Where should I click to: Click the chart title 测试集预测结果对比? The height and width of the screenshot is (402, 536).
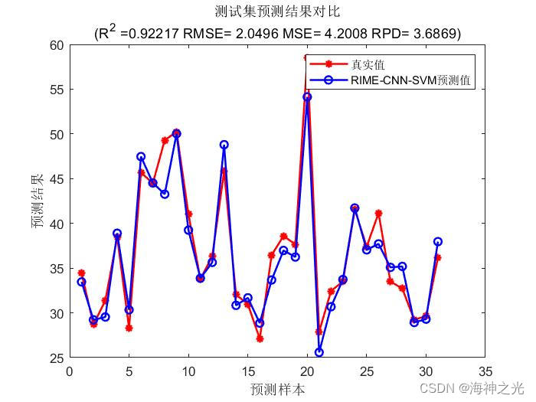(277, 11)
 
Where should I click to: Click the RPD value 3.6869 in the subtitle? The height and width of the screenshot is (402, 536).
(433, 34)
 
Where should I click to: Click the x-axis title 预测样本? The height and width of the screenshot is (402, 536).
(277, 389)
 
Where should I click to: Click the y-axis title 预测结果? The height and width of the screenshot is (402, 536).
(37, 201)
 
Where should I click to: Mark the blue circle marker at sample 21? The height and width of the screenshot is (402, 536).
(319, 352)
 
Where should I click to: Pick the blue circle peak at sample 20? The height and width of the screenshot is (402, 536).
(307, 97)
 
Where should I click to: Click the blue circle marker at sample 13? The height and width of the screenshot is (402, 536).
(224, 145)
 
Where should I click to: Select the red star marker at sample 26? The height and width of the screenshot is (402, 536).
(378, 213)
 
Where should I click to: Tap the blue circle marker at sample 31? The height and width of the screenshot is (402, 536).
(437, 242)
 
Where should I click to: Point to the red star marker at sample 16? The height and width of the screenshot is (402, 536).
(260, 338)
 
